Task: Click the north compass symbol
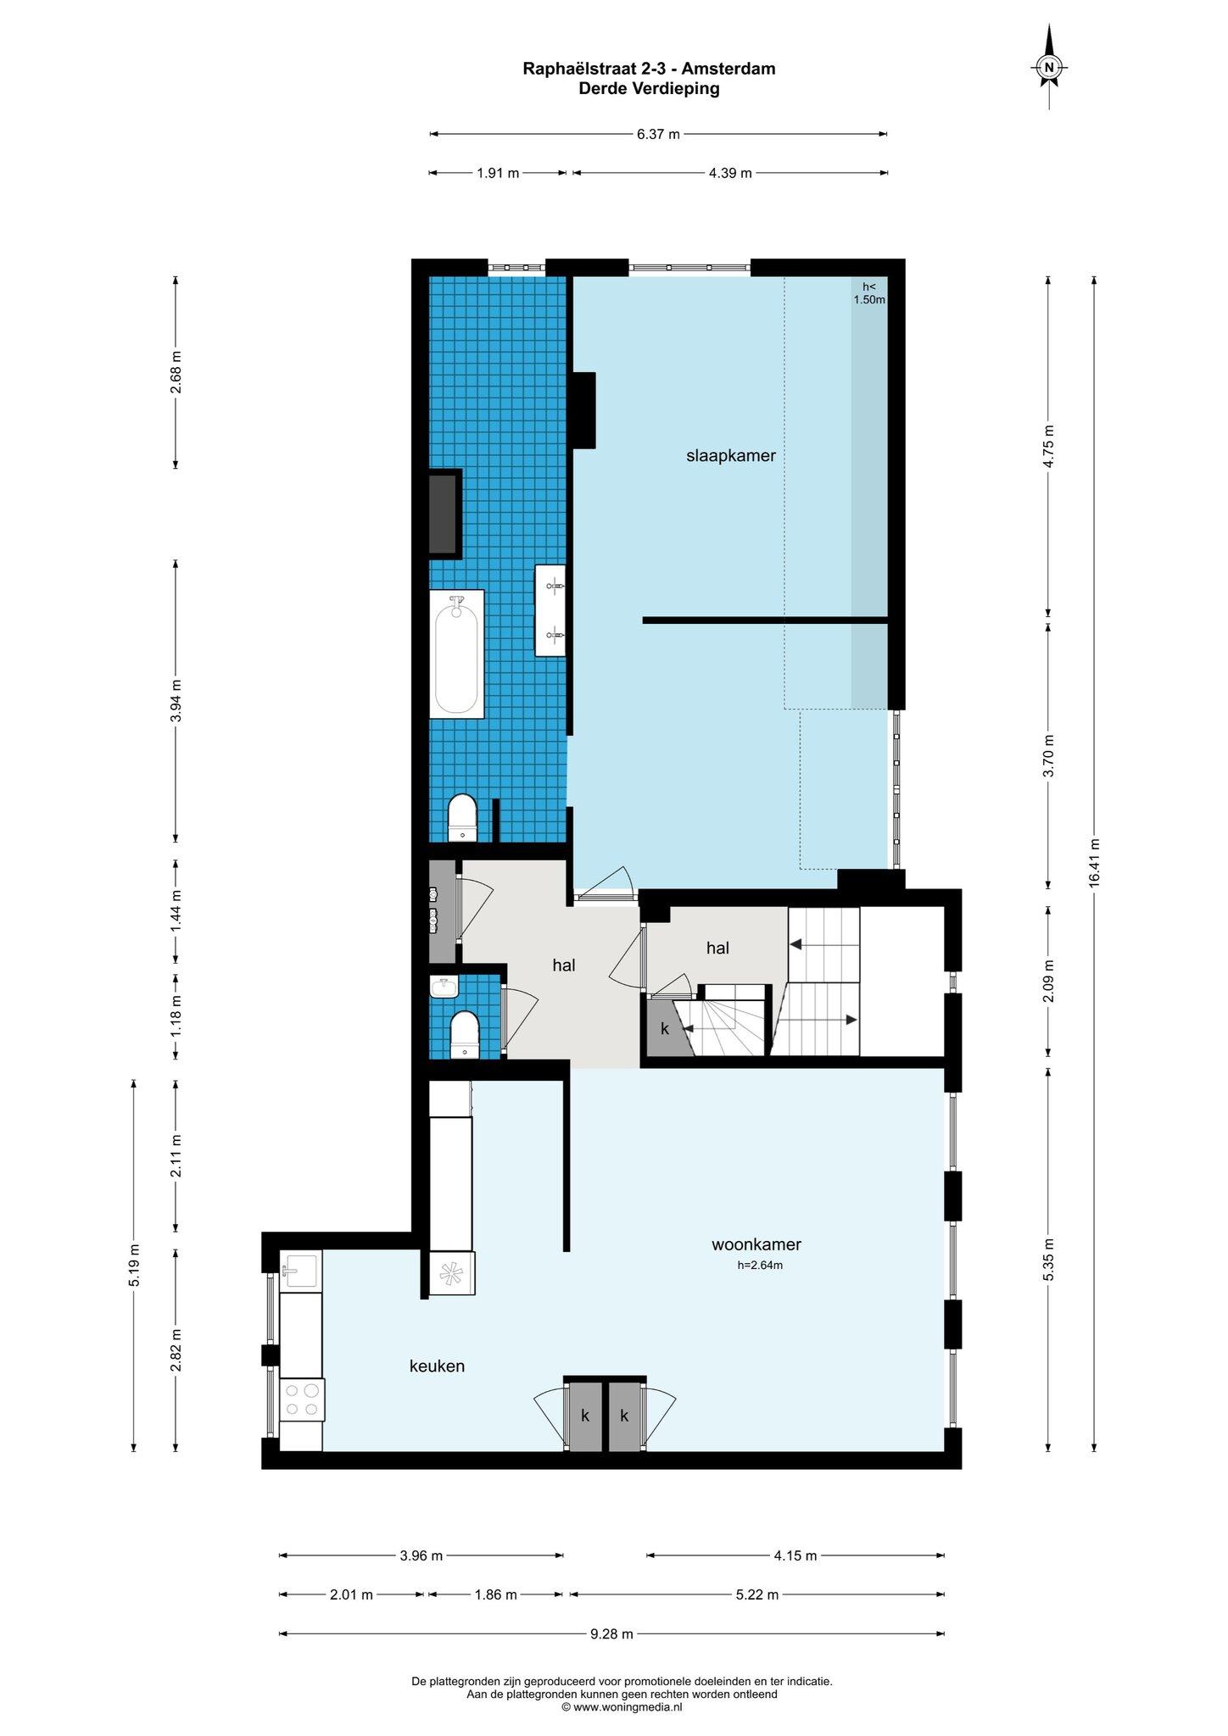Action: pos(1049,67)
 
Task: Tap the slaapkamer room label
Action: pos(731,456)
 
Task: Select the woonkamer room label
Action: pos(756,1244)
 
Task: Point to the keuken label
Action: pos(437,1366)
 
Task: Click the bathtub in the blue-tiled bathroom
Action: pos(456,654)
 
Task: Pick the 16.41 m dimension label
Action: pos(1094,863)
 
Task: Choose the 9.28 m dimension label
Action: pos(611,1635)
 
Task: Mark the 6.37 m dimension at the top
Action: pos(658,133)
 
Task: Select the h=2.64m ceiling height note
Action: pos(760,1266)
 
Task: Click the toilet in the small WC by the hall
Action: pos(464,1034)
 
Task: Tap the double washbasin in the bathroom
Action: pos(550,610)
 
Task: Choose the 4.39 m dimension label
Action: pos(730,173)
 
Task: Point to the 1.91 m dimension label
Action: pos(498,173)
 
